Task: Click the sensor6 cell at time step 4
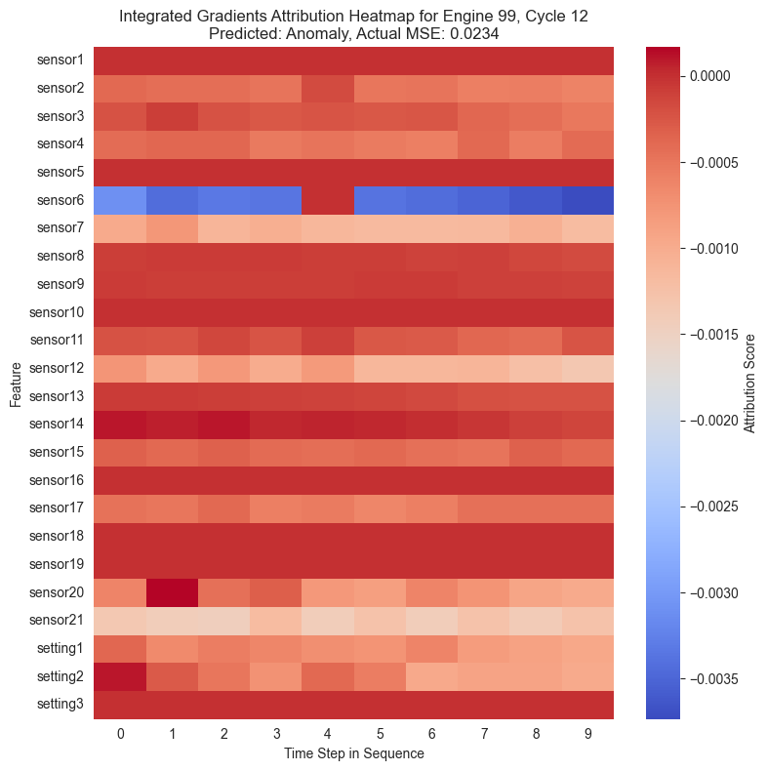click(328, 200)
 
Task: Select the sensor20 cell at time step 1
click(172, 592)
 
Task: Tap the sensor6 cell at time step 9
click(588, 200)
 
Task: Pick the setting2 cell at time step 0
click(120, 676)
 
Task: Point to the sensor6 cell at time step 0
click(120, 200)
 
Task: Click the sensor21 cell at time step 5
click(380, 621)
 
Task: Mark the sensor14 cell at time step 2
click(223, 425)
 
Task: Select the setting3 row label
click(60, 705)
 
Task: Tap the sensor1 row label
click(61, 61)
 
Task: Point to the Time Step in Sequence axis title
click(354, 753)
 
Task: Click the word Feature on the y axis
click(16, 383)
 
